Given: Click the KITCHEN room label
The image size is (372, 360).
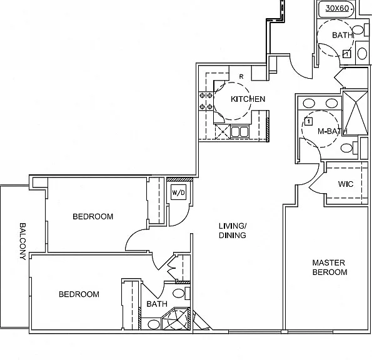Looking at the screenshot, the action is click(248, 99).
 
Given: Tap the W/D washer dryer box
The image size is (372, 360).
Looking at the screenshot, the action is click(178, 192).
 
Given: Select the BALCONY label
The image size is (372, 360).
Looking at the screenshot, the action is click(23, 241).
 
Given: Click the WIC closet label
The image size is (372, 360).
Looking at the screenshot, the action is click(346, 184).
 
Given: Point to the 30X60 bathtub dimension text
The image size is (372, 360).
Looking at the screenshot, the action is click(337, 8).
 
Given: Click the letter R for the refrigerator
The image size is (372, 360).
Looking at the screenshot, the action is click(241, 77).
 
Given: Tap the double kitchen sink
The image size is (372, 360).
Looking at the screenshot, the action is click(239, 132).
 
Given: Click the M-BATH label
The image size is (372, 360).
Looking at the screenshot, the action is click(333, 131).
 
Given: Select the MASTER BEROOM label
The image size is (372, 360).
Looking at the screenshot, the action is click(329, 267).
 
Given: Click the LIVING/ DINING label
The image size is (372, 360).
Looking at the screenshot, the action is click(233, 231).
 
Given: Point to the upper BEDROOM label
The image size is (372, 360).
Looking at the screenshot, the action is click(93, 216).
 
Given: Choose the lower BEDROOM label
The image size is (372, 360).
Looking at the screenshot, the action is click(79, 294).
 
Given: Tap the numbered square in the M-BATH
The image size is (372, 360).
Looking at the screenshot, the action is click(308, 122).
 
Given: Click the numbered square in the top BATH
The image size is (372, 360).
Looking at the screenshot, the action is click(346, 54).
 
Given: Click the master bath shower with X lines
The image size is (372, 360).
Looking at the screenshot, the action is click(355, 113).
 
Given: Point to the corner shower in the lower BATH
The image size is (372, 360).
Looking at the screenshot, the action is click(177, 319).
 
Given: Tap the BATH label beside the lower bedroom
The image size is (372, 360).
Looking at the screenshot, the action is click(157, 304).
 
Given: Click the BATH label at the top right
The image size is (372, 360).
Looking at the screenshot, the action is click(343, 35).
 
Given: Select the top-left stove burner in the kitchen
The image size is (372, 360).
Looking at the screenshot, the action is click(203, 96).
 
